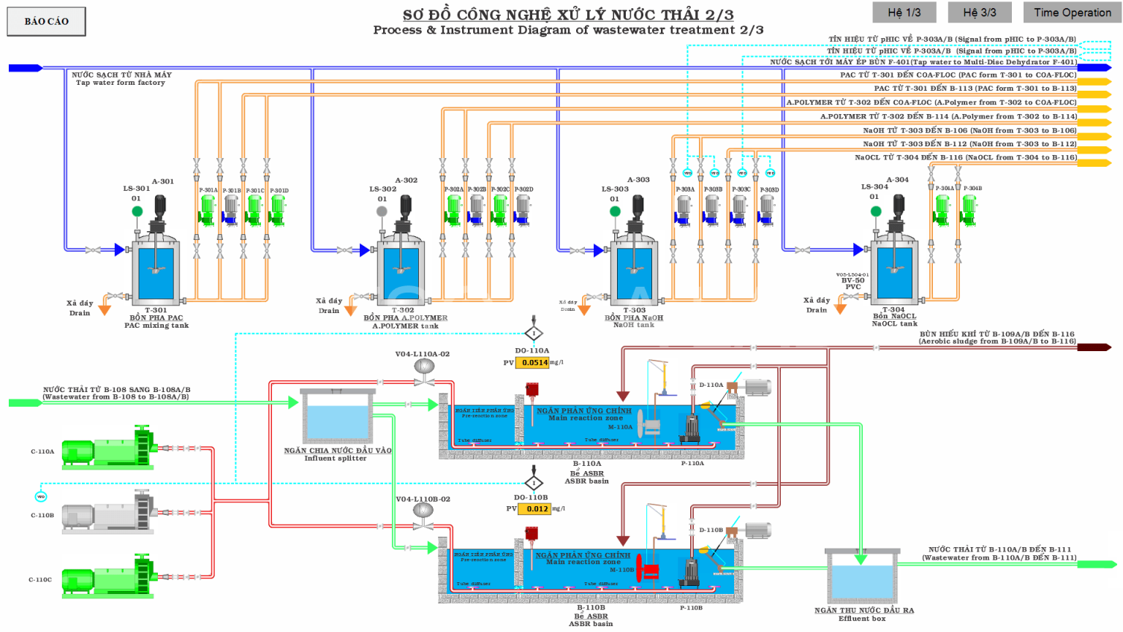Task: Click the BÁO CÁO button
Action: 46,21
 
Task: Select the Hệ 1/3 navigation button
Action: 904,12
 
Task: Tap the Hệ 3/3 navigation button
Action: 979,12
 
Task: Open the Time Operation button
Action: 1072,12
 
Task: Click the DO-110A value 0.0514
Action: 534,362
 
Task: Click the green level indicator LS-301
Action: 137,211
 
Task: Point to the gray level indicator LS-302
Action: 382,211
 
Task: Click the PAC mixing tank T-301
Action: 156,271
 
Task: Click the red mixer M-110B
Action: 648,570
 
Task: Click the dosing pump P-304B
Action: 969,209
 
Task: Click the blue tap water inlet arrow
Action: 26,68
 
